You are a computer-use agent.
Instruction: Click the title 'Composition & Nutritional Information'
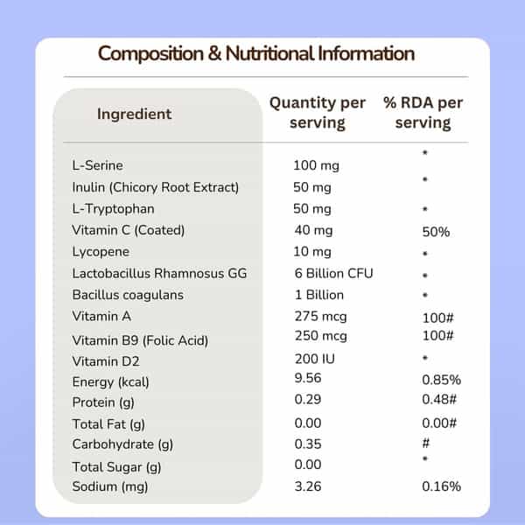point(256,53)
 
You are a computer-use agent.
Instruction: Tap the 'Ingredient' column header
point(134,114)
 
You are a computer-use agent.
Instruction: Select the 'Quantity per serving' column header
point(318,113)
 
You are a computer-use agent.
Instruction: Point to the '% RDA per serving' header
point(423,113)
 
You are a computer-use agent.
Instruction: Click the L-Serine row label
point(97,165)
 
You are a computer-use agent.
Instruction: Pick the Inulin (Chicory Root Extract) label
point(156,187)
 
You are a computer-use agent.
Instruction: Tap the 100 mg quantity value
point(316,165)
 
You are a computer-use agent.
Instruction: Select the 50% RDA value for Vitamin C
point(436,232)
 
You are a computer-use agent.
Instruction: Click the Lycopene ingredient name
point(101,252)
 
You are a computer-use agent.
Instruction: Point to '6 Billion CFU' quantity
point(333,274)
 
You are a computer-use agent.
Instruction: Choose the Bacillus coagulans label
point(128,295)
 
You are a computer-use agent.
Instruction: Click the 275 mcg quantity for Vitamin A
point(320,317)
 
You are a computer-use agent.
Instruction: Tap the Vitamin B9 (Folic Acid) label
point(140,341)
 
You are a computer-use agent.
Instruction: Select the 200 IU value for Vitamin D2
point(314,359)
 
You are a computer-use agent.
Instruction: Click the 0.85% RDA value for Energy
point(441,380)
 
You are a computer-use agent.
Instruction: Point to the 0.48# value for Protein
point(439,399)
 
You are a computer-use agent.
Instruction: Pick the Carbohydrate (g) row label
point(122,444)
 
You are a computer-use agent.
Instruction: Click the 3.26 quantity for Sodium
point(308,486)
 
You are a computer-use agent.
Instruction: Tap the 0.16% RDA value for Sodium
point(441,486)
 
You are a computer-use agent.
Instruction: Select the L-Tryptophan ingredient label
point(113,209)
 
